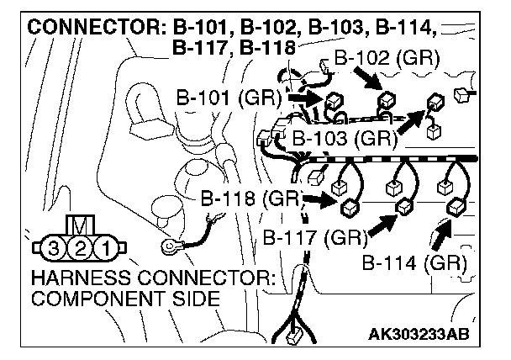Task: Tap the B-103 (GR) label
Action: pos(343,137)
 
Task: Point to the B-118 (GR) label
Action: pos(251,199)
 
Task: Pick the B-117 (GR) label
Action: pos(315,236)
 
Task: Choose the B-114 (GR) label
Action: pos(414,262)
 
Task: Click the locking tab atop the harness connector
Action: pos(80,225)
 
